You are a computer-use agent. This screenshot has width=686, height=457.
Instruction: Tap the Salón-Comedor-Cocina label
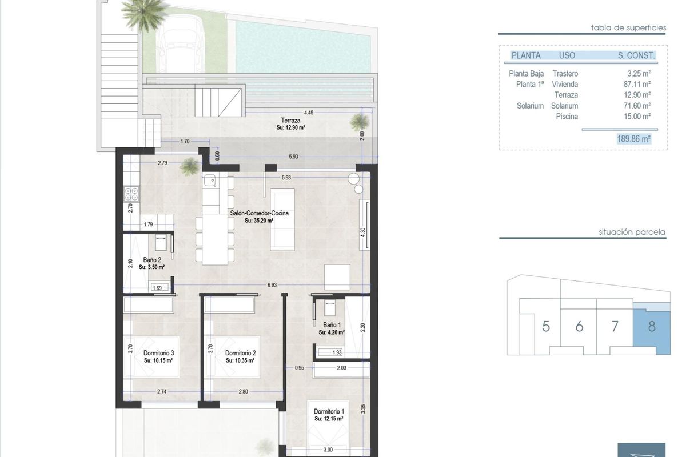tap(259, 213)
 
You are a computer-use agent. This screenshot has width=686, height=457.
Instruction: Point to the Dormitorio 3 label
tap(158, 352)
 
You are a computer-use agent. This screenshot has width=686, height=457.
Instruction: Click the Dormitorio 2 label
tap(240, 352)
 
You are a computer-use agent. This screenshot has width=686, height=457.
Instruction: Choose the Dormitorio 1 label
tap(328, 411)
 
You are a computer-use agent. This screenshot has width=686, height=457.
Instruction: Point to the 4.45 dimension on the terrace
tap(309, 113)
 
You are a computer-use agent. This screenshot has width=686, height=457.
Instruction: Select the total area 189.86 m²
tap(634, 138)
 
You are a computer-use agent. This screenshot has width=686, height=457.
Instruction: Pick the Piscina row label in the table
tap(567, 117)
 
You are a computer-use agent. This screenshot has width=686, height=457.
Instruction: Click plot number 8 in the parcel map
tap(652, 327)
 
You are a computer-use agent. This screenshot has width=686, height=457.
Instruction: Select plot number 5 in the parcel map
tap(546, 327)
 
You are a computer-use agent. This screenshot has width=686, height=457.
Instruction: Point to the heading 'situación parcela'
tap(632, 232)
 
